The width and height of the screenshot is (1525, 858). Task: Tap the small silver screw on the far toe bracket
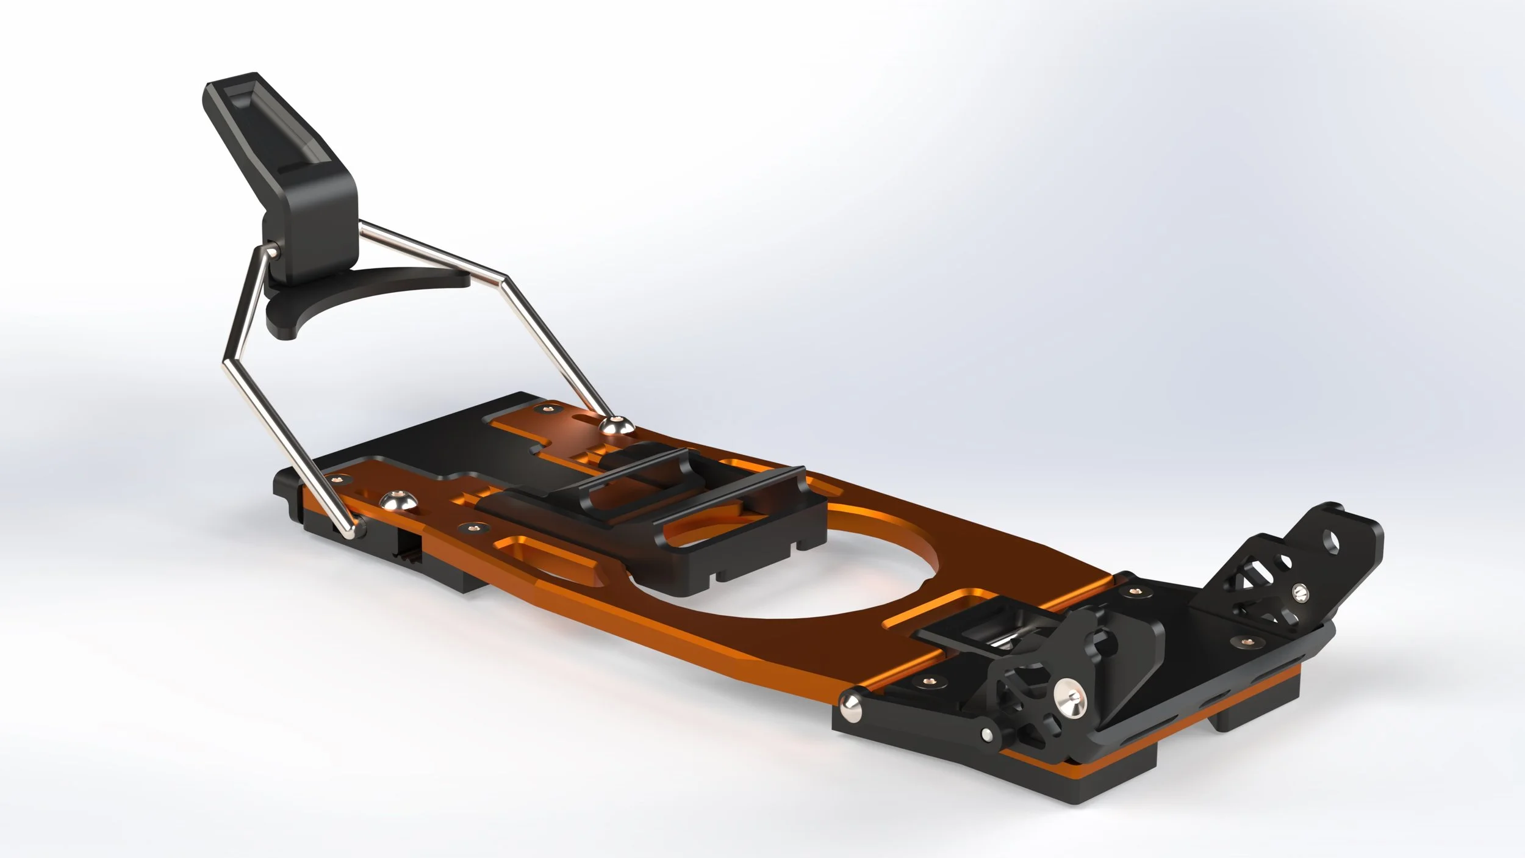[x=1299, y=591]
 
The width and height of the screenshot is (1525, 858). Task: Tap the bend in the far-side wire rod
[x=504, y=278]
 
